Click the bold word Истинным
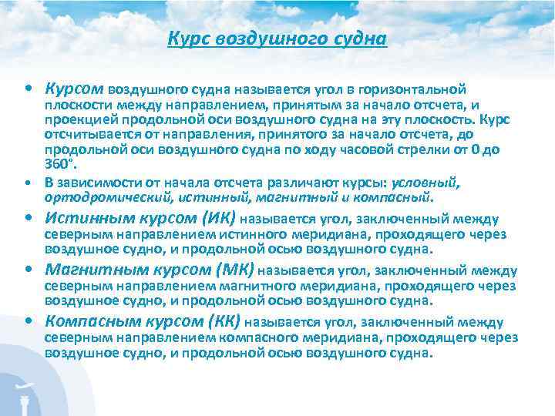tap(82, 219)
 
